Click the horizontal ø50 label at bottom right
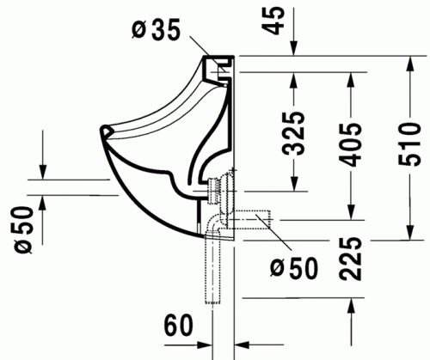pyautogui.click(x=293, y=267)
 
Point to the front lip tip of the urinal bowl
pyautogui.click(x=103, y=131)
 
